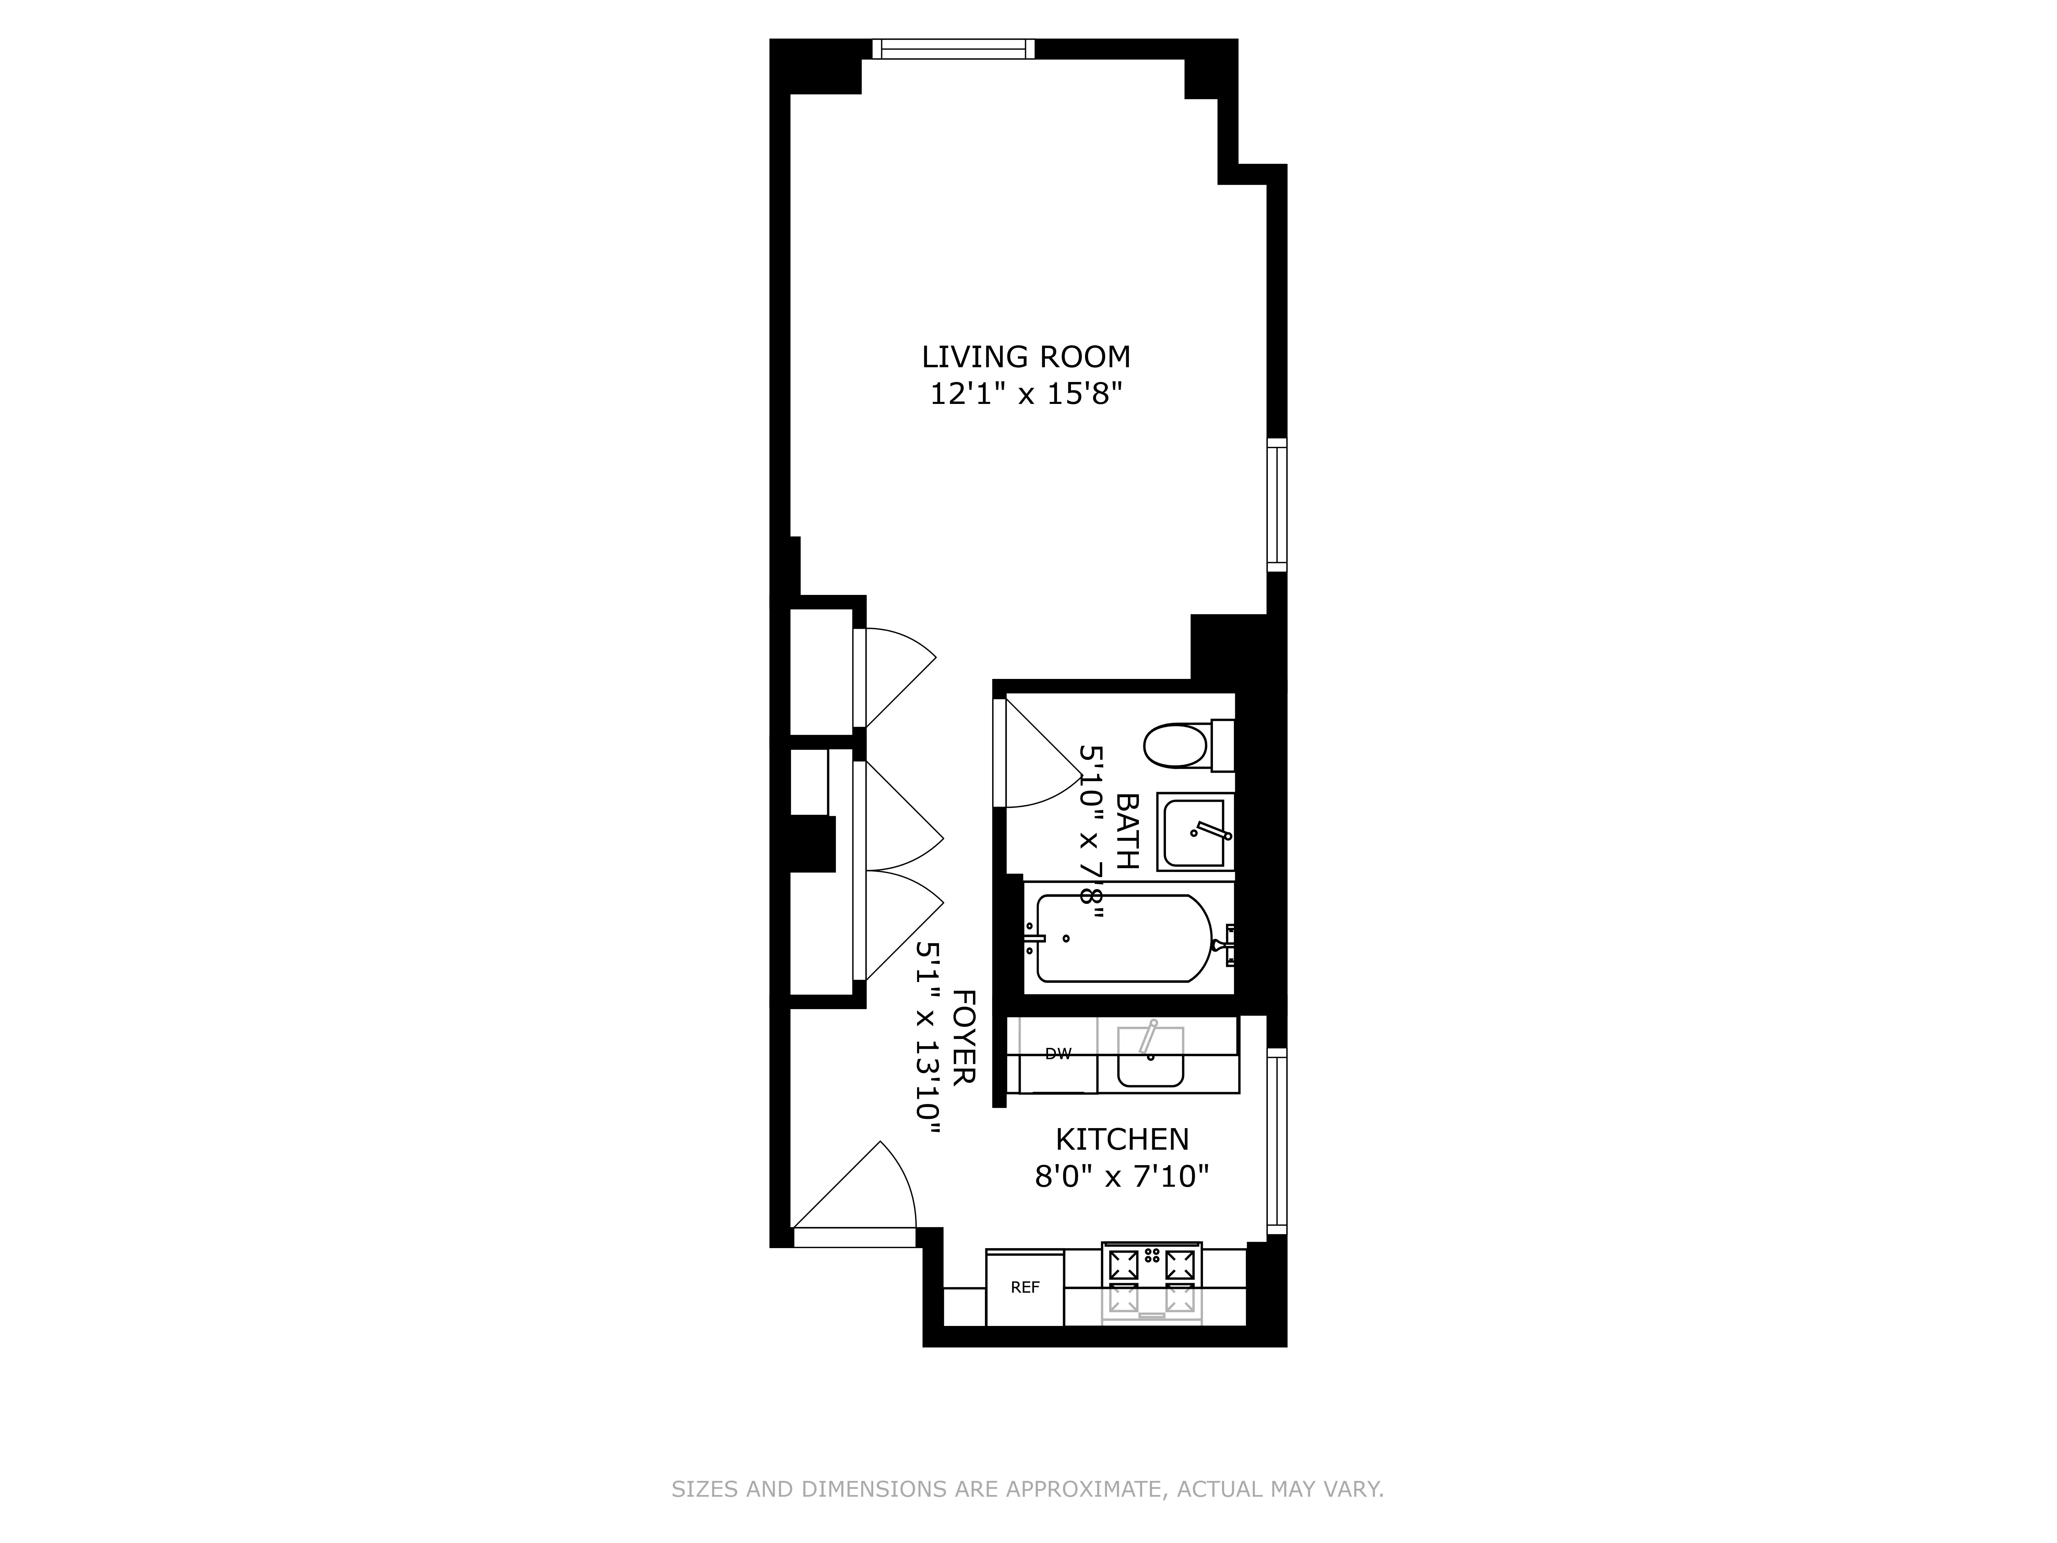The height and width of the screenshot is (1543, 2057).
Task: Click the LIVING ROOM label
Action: (1026, 357)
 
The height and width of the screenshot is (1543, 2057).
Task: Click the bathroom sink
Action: (1195, 832)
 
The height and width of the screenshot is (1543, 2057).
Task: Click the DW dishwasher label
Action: (1058, 1054)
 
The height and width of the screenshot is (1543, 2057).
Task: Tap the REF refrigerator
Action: (1025, 1288)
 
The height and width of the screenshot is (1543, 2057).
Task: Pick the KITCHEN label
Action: (1121, 1139)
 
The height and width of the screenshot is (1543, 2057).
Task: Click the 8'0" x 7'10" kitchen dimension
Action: (1121, 1177)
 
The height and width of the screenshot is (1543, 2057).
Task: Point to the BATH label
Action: (1127, 830)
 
